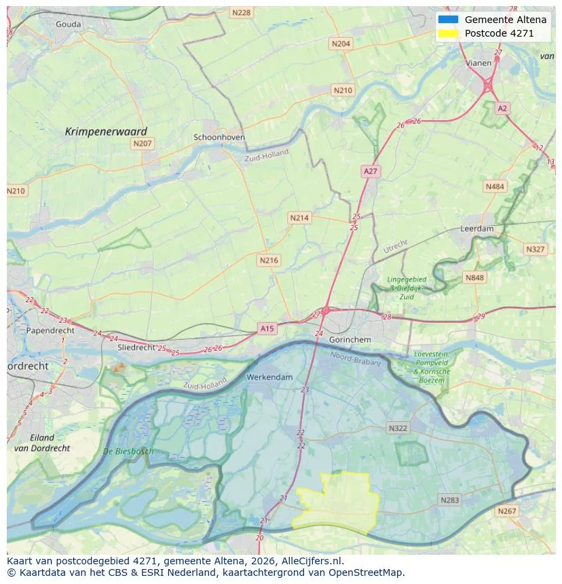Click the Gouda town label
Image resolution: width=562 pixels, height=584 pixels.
click(68, 24)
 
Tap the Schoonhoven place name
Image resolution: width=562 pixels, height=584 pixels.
click(219, 137)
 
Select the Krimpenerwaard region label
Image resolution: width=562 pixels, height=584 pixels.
click(106, 132)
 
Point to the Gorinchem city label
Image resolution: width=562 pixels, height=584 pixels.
click(349, 339)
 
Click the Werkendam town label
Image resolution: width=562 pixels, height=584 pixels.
click(269, 376)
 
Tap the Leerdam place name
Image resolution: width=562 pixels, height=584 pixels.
click(476, 229)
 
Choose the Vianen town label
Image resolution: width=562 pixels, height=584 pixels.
click(479, 63)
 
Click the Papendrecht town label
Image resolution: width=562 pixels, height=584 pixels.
click(50, 330)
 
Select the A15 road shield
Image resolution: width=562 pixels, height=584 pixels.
click(267, 328)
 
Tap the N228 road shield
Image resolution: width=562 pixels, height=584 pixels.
click(240, 13)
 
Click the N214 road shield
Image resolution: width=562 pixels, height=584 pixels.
click(299, 218)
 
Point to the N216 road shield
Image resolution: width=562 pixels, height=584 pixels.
click(269, 260)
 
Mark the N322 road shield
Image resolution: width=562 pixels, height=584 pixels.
click(398, 428)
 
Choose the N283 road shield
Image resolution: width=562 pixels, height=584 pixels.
click(449, 500)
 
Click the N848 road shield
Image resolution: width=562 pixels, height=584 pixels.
click(474, 277)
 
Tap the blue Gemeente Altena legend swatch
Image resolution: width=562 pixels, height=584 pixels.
click(449, 20)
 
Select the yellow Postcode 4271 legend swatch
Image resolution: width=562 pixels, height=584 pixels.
click(449, 33)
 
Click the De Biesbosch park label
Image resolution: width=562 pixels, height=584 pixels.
click(128, 451)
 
